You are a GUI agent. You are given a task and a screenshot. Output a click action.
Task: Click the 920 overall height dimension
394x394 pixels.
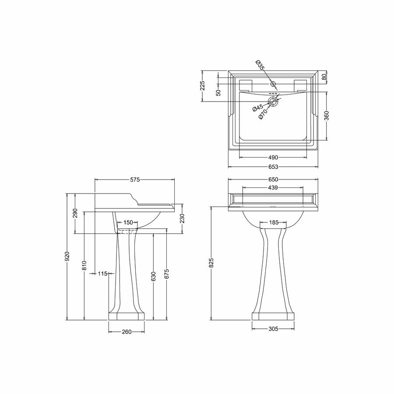67,257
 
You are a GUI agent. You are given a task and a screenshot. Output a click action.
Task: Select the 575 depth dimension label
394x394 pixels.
135,179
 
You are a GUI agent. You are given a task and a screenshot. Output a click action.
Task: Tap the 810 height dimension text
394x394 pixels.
84,266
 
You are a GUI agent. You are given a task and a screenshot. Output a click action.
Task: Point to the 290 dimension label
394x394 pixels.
75,213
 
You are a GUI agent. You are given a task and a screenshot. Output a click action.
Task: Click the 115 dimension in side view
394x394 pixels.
102,274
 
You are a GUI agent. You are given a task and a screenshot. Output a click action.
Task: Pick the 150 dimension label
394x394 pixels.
128,222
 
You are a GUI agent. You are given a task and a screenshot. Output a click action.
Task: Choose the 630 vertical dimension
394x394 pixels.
154,276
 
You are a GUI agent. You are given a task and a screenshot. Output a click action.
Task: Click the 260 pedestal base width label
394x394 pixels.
127,332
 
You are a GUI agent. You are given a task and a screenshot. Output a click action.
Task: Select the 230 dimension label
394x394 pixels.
183,218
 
